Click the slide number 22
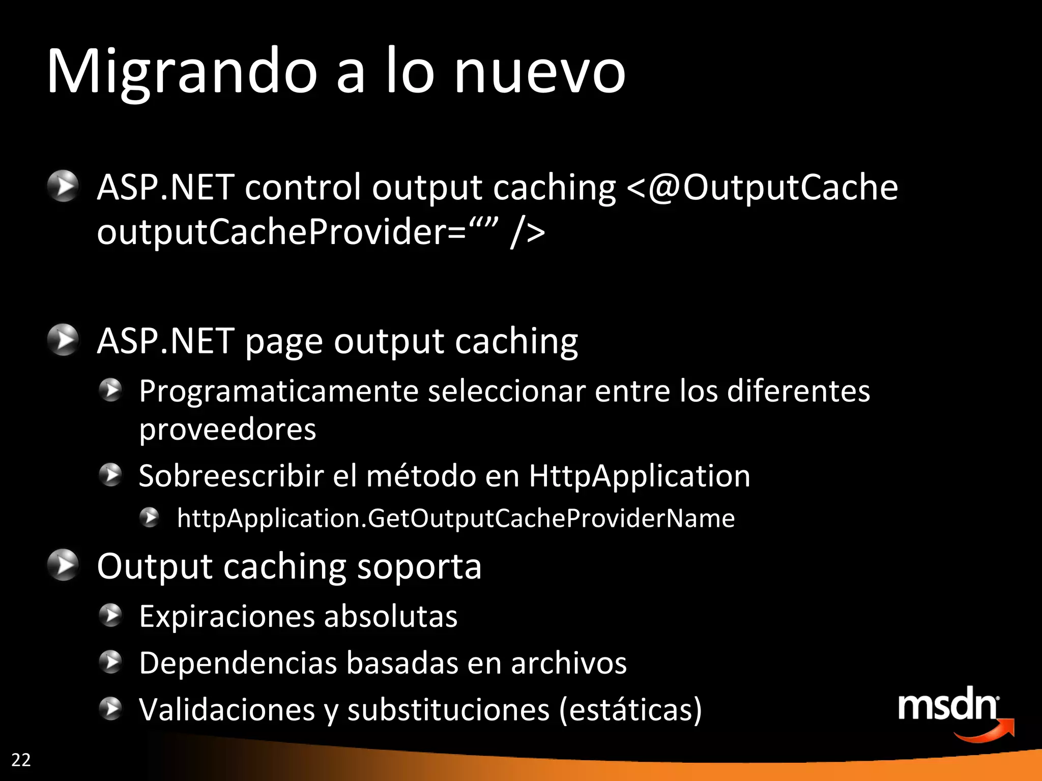[21, 760]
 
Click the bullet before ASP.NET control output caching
[63, 187]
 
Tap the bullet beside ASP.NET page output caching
[63, 340]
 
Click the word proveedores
[227, 430]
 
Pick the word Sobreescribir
[231, 476]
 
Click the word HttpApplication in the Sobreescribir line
[639, 476]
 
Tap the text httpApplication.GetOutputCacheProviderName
[456, 519]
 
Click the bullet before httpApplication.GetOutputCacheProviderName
[150, 518]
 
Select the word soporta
[419, 566]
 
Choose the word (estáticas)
[630, 710]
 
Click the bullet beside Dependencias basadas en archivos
[110, 662]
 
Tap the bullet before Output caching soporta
[63, 565]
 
